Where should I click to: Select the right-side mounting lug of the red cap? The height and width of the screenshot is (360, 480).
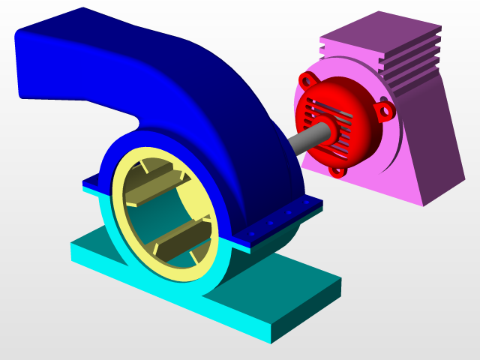coord(385,111)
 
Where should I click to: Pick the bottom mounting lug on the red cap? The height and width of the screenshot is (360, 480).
coord(337,171)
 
